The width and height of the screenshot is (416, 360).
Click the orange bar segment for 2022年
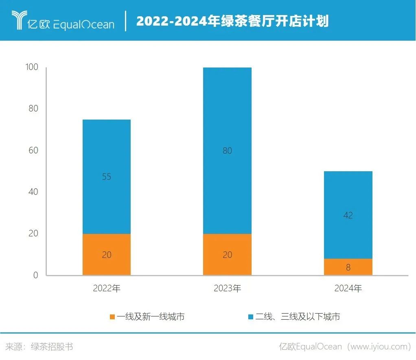point(106,254)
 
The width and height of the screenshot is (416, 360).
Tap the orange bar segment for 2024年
point(348,267)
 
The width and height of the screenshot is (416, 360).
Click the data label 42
point(348,215)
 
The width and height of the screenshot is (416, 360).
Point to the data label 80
point(227,151)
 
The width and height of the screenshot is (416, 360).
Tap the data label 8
point(348,268)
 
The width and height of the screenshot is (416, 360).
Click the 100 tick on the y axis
point(31,67)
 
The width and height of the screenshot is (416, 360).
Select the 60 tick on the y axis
point(33,151)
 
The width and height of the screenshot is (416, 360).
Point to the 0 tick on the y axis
point(35,275)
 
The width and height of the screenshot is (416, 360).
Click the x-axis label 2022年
point(107,289)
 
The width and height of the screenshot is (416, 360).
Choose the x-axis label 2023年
point(227,289)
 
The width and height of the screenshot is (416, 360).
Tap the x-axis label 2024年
point(348,289)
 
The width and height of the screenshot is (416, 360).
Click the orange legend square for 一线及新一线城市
point(112,317)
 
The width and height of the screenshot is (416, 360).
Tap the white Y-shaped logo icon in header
point(19,20)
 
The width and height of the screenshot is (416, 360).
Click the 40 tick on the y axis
point(33,192)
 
